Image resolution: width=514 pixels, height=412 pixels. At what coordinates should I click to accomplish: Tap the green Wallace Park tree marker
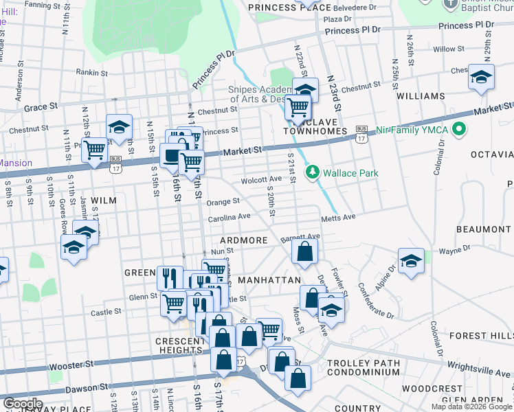[313, 171]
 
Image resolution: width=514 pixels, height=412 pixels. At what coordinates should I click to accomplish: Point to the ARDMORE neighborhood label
[243, 240]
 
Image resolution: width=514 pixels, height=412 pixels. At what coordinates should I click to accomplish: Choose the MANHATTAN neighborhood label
[269, 281]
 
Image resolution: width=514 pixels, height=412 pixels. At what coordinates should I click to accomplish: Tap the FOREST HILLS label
[481, 336]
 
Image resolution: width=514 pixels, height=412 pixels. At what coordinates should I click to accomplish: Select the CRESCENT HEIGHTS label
[168, 345]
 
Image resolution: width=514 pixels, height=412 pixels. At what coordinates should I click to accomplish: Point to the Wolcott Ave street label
[261, 180]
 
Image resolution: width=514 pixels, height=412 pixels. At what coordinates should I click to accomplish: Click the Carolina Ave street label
[230, 217]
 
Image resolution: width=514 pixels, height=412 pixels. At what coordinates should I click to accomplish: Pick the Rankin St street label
[92, 71]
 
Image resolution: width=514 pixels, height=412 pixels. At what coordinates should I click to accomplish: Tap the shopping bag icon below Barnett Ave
[304, 253]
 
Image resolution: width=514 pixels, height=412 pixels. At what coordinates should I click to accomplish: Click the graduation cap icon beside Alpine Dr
[410, 262]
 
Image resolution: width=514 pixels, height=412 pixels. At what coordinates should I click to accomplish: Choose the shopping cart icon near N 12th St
[94, 150]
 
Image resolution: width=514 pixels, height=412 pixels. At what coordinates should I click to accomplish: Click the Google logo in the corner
[23, 403]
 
